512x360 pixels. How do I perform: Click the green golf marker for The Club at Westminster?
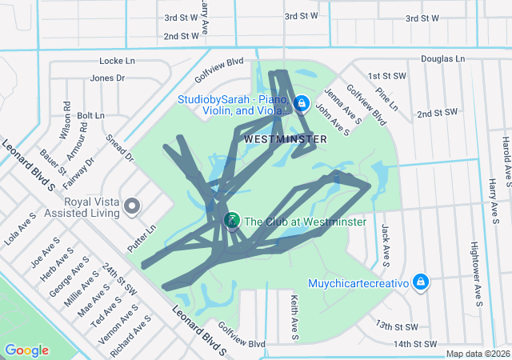pos(232,220)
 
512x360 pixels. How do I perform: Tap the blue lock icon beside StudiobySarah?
pos(302,103)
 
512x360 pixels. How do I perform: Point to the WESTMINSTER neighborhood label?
pos(285,139)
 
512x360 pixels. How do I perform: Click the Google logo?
pos(26,350)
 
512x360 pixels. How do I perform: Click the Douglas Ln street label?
pos(442,59)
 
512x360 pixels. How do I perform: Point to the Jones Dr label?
pos(108,78)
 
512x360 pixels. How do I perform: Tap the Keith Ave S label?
pos(294,314)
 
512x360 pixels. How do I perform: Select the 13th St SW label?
pos(397,326)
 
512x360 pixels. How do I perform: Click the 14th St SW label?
pos(415,344)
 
